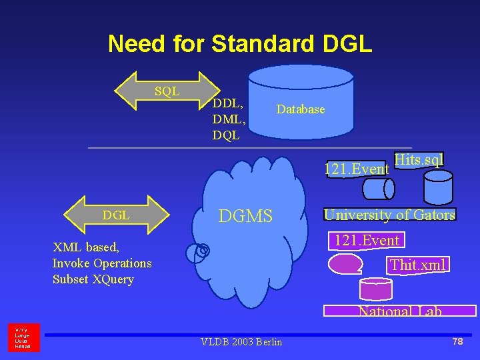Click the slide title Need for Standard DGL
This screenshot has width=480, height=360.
[240, 44]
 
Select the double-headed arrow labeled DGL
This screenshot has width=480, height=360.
[117, 215]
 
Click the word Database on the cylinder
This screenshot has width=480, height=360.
[301, 109]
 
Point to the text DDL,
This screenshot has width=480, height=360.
[227, 103]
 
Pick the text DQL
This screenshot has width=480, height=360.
[226, 135]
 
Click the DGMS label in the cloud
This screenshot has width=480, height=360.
[246, 216]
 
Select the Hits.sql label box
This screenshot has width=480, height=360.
[419, 160]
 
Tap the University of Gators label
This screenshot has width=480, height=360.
[389, 215]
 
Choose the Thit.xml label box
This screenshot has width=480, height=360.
[417, 265]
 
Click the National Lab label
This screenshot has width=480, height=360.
[400, 311]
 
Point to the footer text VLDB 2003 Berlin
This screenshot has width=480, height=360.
[241, 342]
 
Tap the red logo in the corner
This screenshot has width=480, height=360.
[23, 337]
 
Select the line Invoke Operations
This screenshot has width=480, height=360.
[102, 263]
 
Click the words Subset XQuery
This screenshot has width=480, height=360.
[93, 279]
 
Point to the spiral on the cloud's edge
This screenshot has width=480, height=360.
[201, 251]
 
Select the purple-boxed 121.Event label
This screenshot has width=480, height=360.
[367, 241]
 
